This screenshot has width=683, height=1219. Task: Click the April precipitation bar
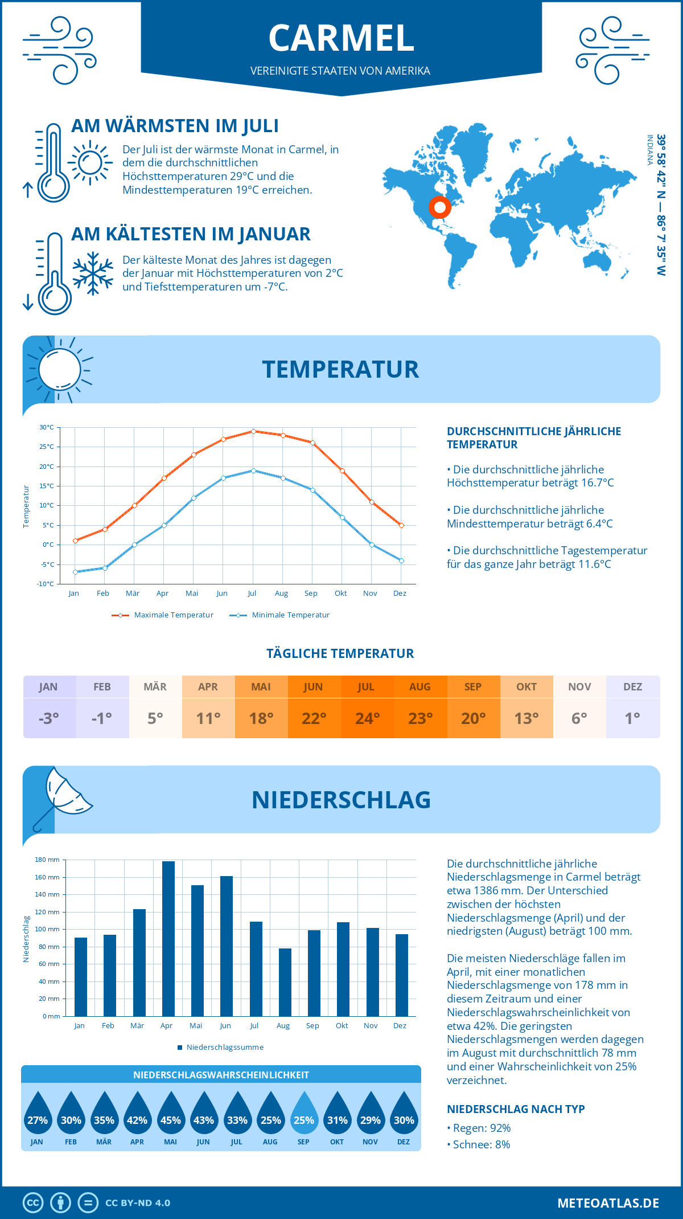pyautogui.click(x=168, y=939)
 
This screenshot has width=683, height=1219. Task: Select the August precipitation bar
pyautogui.click(x=285, y=982)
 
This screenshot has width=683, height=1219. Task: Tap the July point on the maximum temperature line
pyautogui.click(x=253, y=431)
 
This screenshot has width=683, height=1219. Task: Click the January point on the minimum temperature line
pyautogui.click(x=75, y=572)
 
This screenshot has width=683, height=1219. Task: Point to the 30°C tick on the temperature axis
pyautogui.click(x=47, y=427)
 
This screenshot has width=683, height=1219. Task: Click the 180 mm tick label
pyautogui.click(x=47, y=860)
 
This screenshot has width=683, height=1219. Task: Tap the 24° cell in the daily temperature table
pyautogui.click(x=367, y=718)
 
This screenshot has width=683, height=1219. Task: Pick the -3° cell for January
pyautogui.click(x=49, y=718)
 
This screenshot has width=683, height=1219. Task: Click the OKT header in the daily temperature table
pyautogui.click(x=526, y=687)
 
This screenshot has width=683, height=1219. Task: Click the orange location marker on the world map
pyautogui.click(x=439, y=207)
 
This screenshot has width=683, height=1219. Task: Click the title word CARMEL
pyautogui.click(x=341, y=38)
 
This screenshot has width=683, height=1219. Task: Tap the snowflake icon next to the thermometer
pyautogui.click(x=93, y=273)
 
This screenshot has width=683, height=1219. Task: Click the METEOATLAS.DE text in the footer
pyautogui.click(x=608, y=1203)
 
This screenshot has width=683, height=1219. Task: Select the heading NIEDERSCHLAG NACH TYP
pyautogui.click(x=516, y=1109)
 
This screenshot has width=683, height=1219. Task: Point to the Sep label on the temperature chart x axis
pyautogui.click(x=311, y=594)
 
